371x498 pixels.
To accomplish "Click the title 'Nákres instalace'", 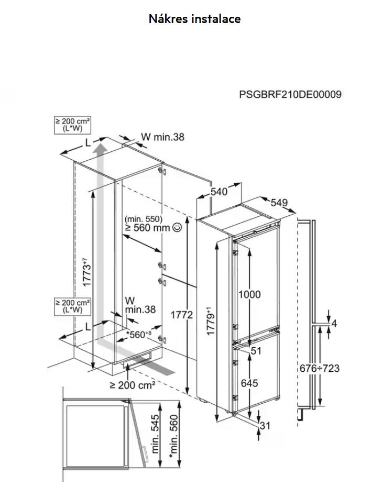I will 194,19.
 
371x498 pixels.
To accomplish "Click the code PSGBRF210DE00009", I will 290,94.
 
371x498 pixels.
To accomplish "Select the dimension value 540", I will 219,192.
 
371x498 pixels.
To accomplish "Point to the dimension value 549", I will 279,203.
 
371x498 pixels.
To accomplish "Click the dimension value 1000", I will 249,294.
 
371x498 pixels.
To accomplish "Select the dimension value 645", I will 249,383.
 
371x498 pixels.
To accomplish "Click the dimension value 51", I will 256,351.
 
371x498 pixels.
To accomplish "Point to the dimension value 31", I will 265,426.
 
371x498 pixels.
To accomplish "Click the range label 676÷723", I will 334,368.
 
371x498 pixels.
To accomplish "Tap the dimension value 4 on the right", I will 334,323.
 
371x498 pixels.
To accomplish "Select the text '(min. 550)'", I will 144,218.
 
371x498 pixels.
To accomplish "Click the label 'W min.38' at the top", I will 162,137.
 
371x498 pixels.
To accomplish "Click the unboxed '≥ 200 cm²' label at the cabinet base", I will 133,385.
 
